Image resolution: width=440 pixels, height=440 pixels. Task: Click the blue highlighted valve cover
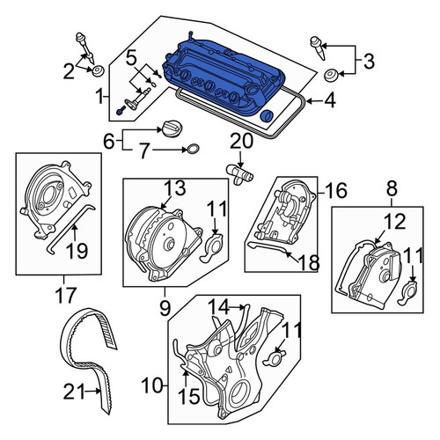(223, 77)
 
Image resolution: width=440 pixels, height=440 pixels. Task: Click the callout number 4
(330, 101)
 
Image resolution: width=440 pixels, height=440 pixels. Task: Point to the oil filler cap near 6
(171, 128)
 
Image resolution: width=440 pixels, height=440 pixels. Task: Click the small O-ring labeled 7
(192, 150)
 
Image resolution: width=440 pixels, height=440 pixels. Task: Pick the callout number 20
(242, 141)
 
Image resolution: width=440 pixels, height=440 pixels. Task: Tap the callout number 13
(174, 187)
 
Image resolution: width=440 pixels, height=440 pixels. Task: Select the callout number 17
(65, 295)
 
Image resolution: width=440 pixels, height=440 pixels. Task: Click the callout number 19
(77, 251)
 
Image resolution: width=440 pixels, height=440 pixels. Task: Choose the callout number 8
(392, 188)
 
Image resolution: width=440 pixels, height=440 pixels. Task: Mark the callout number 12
(394, 221)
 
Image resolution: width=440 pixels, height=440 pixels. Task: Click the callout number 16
(336, 190)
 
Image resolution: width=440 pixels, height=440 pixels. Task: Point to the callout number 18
(309, 262)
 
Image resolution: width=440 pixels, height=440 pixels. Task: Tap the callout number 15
(189, 396)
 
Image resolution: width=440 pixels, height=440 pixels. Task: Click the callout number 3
(369, 62)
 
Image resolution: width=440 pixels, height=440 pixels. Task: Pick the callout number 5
(131, 58)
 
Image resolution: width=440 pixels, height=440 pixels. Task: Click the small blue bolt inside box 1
(121, 111)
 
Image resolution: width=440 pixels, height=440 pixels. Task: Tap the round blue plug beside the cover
(267, 116)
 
